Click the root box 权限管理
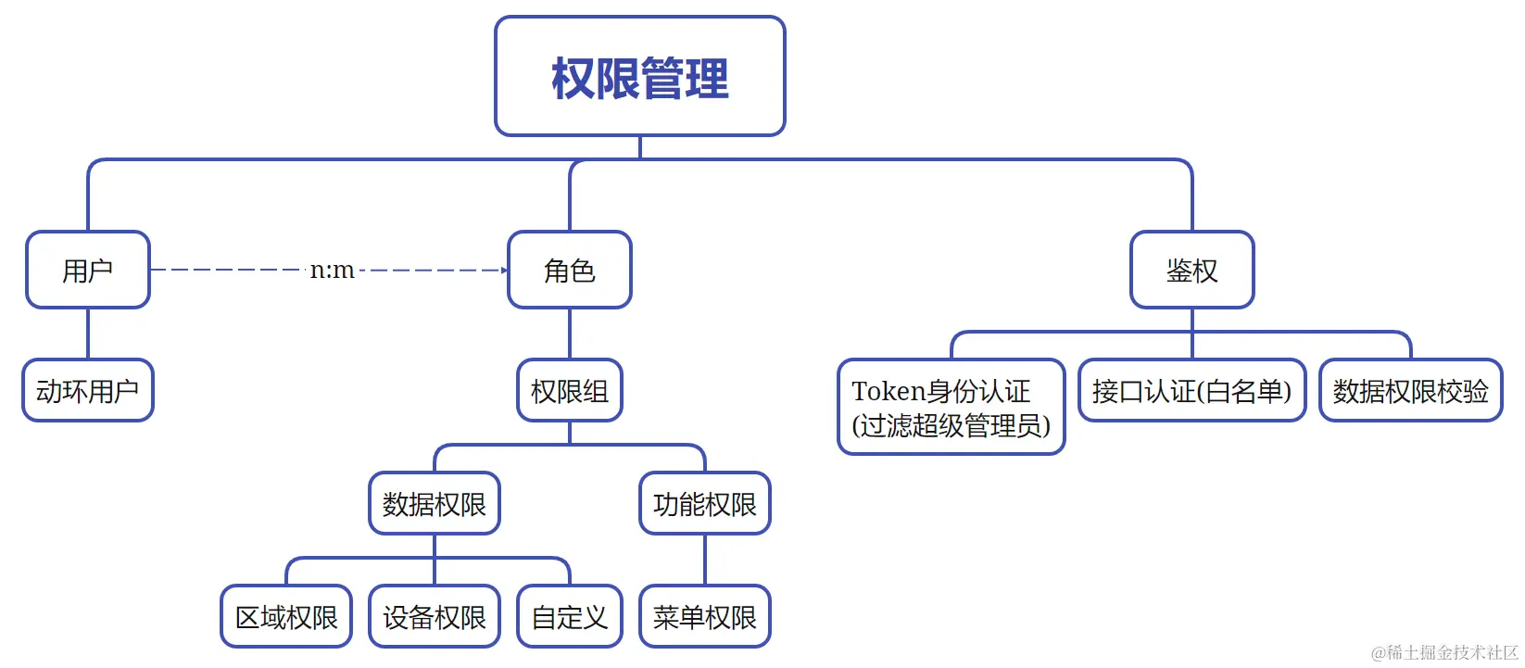pyautogui.click(x=639, y=76)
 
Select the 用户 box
pyautogui.click(x=88, y=270)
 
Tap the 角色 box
pyautogui.click(x=569, y=270)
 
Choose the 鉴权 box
pyautogui.click(x=1191, y=270)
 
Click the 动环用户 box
pyautogui.click(x=88, y=390)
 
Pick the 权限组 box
pyautogui.click(x=569, y=390)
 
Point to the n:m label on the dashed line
pyautogui.click(x=332, y=270)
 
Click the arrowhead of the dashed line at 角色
pyautogui.click(x=504, y=271)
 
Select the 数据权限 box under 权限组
pyautogui.click(x=434, y=504)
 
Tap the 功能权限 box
pyautogui.click(x=704, y=504)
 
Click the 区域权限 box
pyautogui.click(x=286, y=616)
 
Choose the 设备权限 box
pyautogui.click(x=434, y=616)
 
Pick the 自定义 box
pyautogui.click(x=569, y=616)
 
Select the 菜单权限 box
pyautogui.click(x=704, y=616)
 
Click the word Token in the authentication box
pyautogui.click(x=889, y=391)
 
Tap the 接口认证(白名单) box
pyautogui.click(x=1191, y=390)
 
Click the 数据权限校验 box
pyautogui.click(x=1410, y=390)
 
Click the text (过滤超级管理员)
pyautogui.click(x=951, y=425)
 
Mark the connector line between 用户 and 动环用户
pyautogui.click(x=88, y=334)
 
